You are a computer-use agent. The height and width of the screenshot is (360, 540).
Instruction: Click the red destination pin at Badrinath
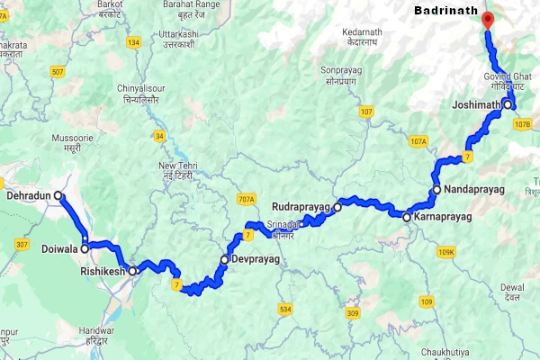[x=488, y=20]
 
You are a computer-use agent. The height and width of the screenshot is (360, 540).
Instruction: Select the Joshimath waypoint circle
[x=508, y=104]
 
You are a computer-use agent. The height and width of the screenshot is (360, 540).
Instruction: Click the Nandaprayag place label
[x=473, y=190]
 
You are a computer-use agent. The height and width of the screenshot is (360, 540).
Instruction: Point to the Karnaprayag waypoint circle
[x=407, y=217]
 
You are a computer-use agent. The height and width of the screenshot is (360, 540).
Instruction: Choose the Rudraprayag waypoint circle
[x=337, y=207]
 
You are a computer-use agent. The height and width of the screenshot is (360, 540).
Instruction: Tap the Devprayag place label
[x=256, y=259]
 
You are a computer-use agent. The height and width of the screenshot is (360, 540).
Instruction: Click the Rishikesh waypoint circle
[x=131, y=270]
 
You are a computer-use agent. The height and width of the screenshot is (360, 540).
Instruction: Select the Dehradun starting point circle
[x=58, y=194]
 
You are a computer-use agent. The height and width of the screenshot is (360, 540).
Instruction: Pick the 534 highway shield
[x=285, y=310]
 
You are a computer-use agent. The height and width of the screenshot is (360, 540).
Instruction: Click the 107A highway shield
[x=418, y=141]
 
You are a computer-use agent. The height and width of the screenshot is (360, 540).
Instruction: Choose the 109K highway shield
[x=445, y=253]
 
